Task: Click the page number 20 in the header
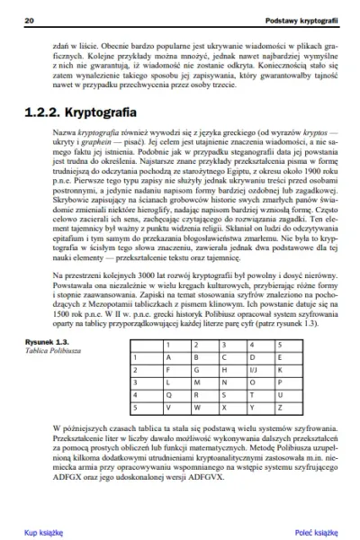(x=31, y=18)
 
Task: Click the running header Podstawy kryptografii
(x=297, y=18)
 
